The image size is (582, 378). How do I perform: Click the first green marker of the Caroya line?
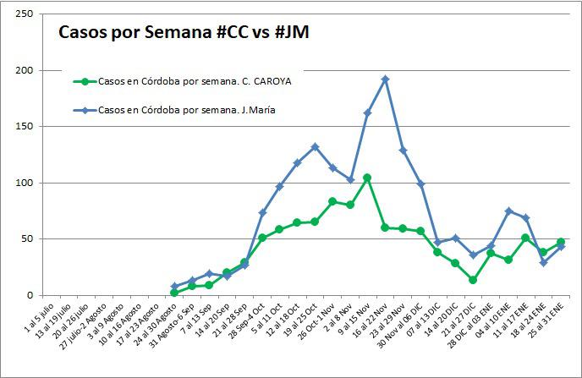[x=174, y=293]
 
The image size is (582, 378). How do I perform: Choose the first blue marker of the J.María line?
[x=174, y=287]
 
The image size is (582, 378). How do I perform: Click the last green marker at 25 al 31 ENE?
[x=561, y=242]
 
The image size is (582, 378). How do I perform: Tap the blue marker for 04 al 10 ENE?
[x=508, y=211]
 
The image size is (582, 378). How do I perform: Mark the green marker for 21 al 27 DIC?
[x=473, y=280]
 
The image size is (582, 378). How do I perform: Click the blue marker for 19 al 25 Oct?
[x=315, y=146]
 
